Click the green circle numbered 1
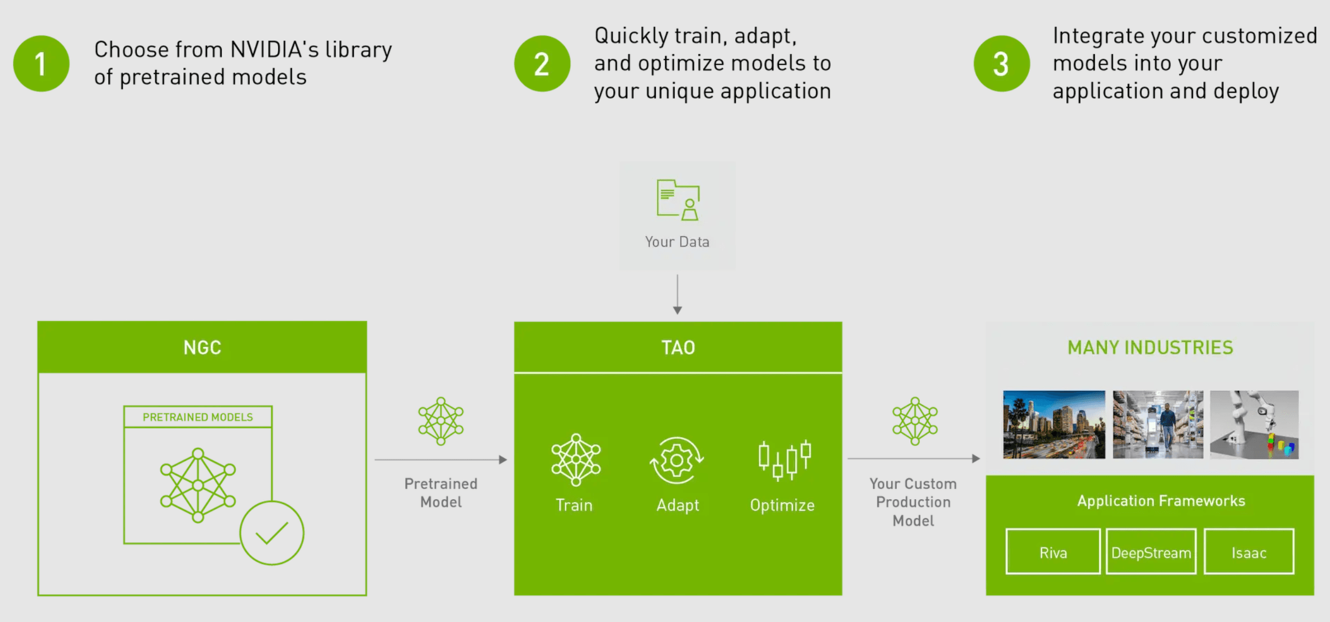[x=41, y=64]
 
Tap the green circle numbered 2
[x=541, y=64]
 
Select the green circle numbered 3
[x=1001, y=64]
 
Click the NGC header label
[x=202, y=348]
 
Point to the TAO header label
[x=678, y=348]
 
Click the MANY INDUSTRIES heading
[x=1150, y=348]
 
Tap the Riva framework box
[x=1053, y=552]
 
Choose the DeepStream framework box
[x=1151, y=552]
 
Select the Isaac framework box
[x=1249, y=552]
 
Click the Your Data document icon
[x=678, y=200]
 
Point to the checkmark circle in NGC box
[x=272, y=533]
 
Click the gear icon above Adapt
[x=676, y=460]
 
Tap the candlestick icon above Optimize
[x=784, y=459]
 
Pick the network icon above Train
[x=575, y=460]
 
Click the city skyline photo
[x=1053, y=425]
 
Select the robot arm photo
[x=1254, y=425]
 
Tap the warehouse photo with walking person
[x=1157, y=425]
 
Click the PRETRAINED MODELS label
[x=197, y=417]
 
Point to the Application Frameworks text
[x=1161, y=501]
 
